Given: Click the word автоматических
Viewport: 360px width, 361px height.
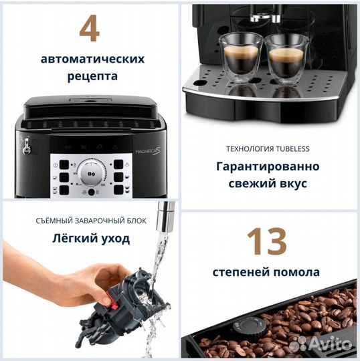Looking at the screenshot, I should point(92,59).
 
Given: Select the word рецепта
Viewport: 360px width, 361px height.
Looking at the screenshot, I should point(92,76).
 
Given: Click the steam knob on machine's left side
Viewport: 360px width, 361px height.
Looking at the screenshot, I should point(26,146).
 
